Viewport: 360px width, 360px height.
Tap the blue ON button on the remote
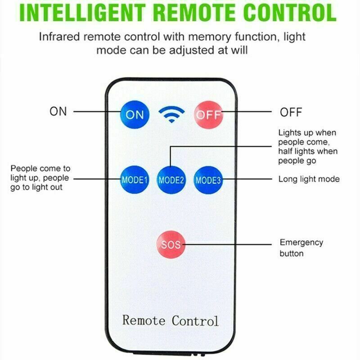135,114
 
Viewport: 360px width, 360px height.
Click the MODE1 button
134,180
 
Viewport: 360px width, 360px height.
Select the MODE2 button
171,180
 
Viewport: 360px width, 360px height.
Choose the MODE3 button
208,180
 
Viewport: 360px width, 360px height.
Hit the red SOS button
171,244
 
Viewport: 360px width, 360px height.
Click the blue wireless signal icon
171,114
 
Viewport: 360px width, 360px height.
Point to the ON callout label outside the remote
58,111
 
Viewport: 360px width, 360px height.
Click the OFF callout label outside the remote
291,112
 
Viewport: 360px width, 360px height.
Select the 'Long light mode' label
309,179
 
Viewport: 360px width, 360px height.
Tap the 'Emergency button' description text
301,248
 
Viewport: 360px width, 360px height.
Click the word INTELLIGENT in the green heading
82,12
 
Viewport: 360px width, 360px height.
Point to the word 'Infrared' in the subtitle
59,37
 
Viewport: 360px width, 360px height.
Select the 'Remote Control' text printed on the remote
171,320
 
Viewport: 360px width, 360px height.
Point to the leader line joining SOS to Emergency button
227,244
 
